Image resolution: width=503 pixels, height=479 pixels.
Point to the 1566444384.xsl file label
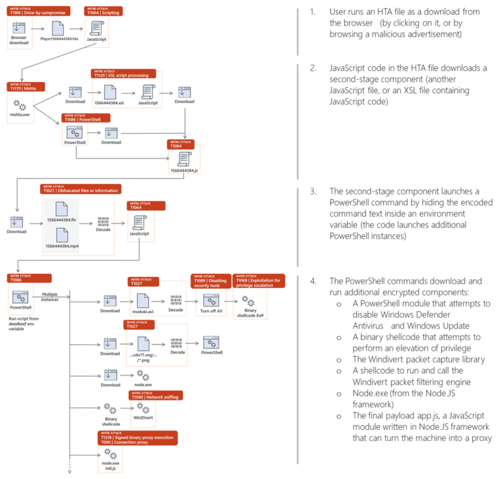[109, 102]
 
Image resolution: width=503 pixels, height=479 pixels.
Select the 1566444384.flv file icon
[60, 210]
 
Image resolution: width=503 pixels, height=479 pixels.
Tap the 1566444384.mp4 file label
[60, 245]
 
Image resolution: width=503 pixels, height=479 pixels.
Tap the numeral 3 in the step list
[313, 191]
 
